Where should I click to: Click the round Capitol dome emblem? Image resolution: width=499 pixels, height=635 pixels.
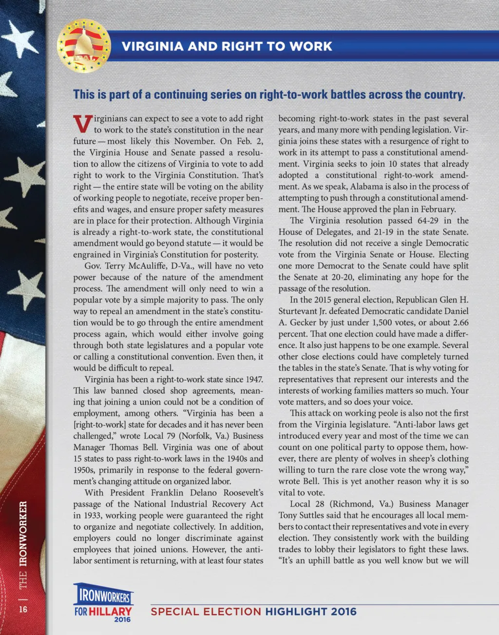click(83, 46)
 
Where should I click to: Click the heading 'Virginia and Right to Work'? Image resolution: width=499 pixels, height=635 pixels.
click(227, 46)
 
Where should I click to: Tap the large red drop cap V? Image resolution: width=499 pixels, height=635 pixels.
click(82, 124)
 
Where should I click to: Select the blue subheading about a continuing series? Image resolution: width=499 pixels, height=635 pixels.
click(269, 95)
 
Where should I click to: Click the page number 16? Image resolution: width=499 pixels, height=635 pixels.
click(23, 609)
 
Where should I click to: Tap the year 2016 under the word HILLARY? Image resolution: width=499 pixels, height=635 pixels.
click(122, 620)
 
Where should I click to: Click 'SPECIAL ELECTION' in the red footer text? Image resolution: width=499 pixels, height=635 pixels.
click(206, 612)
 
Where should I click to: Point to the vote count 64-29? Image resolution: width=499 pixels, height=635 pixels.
click(427, 220)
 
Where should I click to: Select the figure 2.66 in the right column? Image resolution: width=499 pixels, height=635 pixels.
click(461, 322)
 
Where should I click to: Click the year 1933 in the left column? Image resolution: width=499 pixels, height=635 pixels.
click(83, 516)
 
